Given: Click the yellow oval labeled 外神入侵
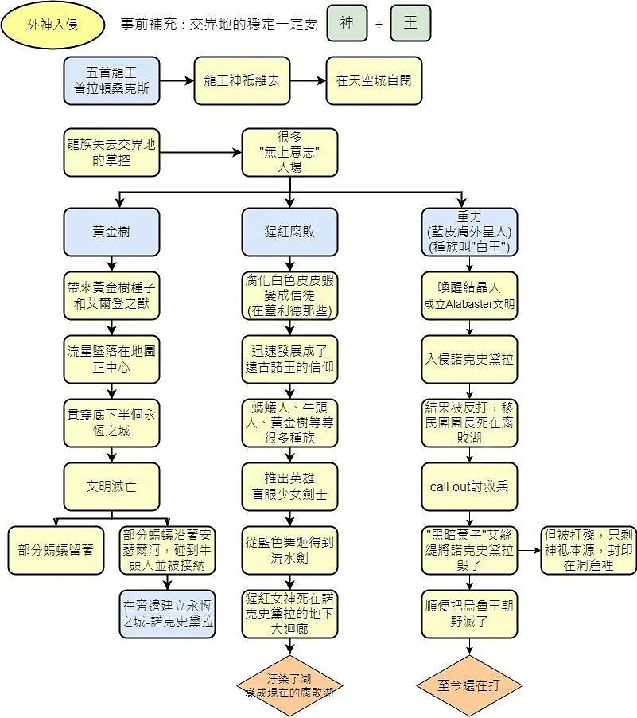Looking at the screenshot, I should (x=52, y=25).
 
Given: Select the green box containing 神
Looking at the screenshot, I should (x=347, y=23).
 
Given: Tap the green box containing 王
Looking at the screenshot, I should (x=410, y=23).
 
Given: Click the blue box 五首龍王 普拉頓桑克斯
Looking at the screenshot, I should (x=111, y=80).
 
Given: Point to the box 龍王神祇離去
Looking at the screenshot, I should (x=242, y=80).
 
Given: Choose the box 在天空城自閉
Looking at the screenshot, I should (x=374, y=80).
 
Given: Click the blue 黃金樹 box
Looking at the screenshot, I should (x=111, y=232).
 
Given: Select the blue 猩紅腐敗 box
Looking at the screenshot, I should (x=289, y=232).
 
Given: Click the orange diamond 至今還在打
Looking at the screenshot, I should (x=468, y=685).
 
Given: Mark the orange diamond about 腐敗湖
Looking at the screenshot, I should (x=289, y=685).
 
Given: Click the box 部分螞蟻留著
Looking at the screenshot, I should (x=56, y=549).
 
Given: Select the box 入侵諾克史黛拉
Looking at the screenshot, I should (x=468, y=358).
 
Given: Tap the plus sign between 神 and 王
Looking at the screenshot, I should (x=379, y=24).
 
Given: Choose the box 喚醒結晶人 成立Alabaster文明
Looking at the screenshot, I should (x=468, y=295).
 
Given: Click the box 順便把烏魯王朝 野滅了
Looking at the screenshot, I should (x=468, y=613).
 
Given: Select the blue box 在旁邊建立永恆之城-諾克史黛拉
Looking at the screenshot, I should (x=167, y=613).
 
